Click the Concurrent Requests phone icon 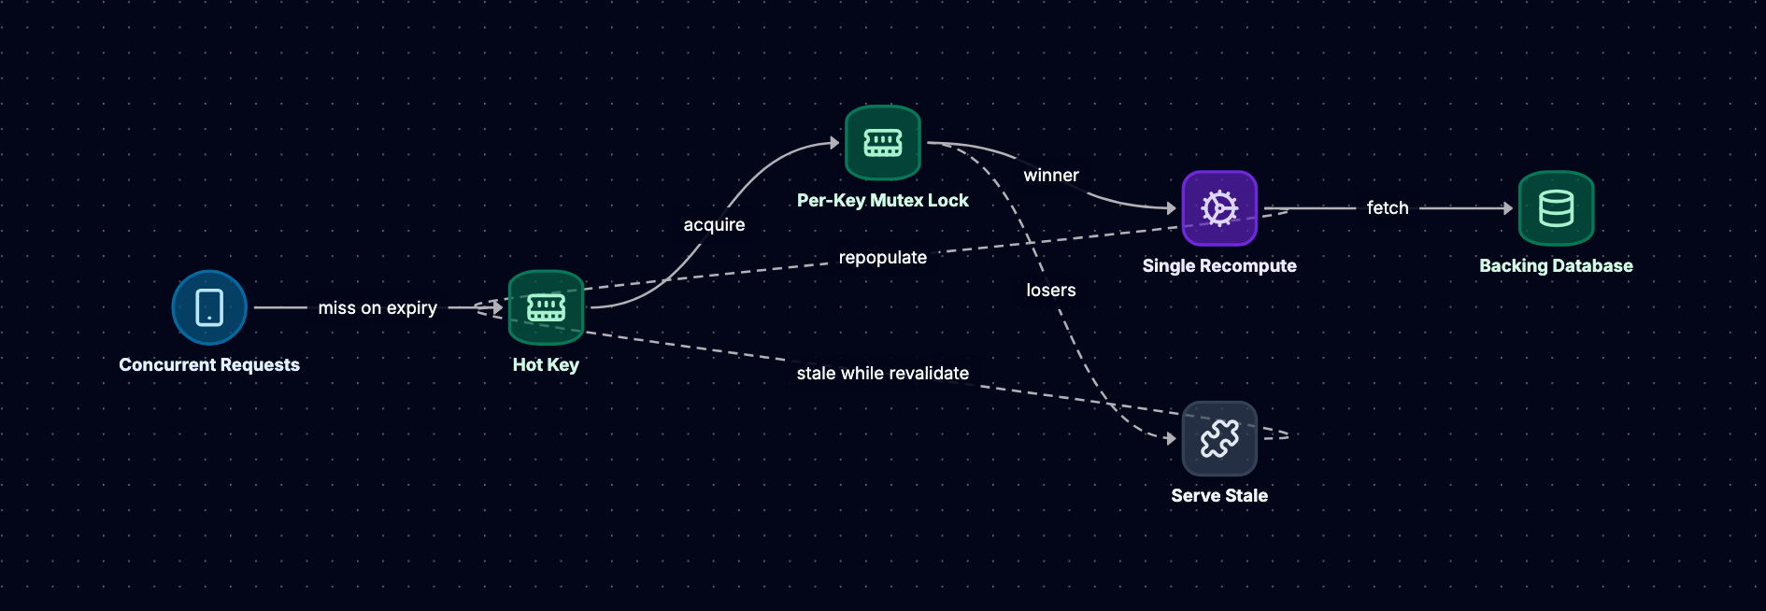[x=209, y=307]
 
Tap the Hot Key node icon [x=546, y=307]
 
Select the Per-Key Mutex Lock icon [x=883, y=143]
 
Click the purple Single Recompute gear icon [x=1219, y=208]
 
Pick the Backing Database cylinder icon [x=1556, y=208]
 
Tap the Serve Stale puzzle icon [x=1219, y=438]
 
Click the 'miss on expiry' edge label [x=377, y=307]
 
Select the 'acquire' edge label [x=714, y=224]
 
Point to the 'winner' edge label [x=1051, y=175]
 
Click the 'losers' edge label [x=1051, y=290]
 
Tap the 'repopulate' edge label [x=883, y=257]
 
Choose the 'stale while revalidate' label [x=883, y=373]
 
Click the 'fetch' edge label [x=1388, y=207]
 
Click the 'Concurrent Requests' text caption [x=209, y=364]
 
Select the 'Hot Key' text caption [x=546, y=364]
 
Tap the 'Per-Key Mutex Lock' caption [x=883, y=200]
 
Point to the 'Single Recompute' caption [x=1219, y=265]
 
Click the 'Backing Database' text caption [x=1556, y=265]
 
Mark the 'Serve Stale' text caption [x=1219, y=495]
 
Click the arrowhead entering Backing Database [x=1508, y=208]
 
